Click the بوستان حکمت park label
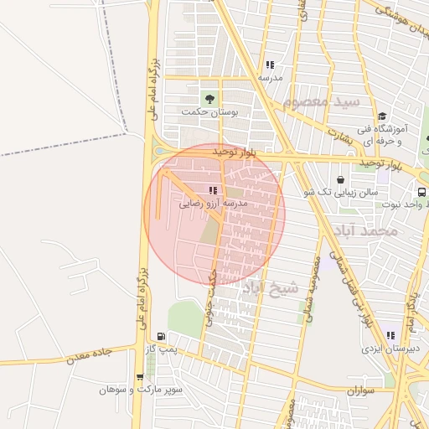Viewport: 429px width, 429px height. coord(209,111)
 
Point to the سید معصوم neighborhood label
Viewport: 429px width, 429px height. coord(321,102)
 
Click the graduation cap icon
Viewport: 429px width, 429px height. coord(382,116)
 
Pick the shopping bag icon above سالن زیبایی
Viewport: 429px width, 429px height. coord(341,179)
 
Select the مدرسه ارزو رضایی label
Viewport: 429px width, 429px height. coord(213,203)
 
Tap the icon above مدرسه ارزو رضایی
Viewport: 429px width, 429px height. coord(212,189)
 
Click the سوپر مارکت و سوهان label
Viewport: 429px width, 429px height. coord(140,390)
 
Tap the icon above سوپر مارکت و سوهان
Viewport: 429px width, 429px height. coord(139,377)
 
